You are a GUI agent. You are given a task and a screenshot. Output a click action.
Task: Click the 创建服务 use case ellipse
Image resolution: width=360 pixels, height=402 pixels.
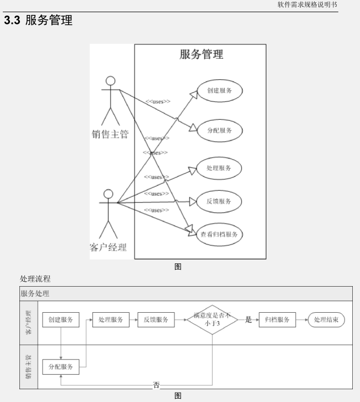[x=219, y=91]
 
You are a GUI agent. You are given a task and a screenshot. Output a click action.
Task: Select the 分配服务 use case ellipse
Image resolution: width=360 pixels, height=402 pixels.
[x=219, y=131]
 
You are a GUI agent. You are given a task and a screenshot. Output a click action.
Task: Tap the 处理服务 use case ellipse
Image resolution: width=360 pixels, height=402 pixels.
[x=219, y=167]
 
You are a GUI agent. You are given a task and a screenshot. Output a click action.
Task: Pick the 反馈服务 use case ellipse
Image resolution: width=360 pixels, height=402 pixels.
[x=219, y=201]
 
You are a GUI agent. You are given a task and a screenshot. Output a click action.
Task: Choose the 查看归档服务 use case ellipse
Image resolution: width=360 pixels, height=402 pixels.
[x=219, y=235]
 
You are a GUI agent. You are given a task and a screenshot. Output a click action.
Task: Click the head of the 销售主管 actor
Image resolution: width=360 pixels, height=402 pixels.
[x=111, y=80]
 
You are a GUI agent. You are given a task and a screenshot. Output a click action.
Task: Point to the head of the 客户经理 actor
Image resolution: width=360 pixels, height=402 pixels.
[x=109, y=194]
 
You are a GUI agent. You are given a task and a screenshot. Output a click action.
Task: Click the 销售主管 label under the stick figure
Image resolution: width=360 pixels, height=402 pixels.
[x=110, y=134]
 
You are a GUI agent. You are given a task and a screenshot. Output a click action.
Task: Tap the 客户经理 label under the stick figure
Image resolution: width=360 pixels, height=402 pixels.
[x=108, y=247]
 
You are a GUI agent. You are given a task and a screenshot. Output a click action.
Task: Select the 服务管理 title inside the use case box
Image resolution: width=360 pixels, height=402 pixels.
[x=202, y=54]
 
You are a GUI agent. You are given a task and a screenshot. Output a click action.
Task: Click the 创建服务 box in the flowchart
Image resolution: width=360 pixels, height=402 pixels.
[x=60, y=320]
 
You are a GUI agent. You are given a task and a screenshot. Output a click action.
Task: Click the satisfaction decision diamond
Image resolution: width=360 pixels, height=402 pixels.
[x=212, y=320]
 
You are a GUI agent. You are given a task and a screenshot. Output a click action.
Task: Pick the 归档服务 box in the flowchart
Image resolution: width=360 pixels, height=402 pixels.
[x=277, y=320]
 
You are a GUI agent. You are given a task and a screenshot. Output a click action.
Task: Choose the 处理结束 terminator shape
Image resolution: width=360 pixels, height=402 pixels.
[x=327, y=320]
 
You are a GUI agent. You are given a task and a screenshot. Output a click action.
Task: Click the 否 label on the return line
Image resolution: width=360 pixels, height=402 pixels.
[x=157, y=385]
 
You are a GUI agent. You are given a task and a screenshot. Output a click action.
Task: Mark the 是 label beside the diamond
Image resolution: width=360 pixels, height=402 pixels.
[x=248, y=320]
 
